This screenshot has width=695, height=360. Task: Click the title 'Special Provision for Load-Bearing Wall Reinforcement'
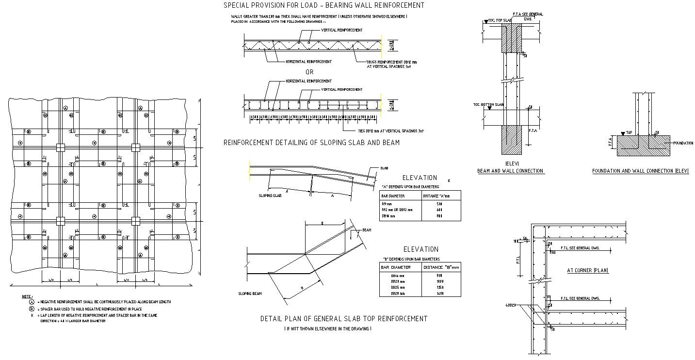coord(323,5)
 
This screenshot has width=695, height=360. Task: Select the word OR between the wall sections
coord(309,72)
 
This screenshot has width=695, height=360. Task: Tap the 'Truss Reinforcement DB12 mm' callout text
coord(392,62)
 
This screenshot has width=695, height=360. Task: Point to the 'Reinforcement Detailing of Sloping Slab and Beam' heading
coord(311,143)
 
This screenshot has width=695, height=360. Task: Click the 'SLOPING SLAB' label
coord(270,196)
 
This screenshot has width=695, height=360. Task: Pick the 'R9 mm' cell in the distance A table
coord(387,204)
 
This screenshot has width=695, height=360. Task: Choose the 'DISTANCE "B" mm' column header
coord(441,267)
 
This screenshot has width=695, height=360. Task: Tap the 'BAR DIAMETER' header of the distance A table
coord(393,196)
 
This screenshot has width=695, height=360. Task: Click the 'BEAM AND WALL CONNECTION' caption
coord(510,171)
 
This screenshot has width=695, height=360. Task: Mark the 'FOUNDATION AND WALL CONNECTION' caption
coord(640,171)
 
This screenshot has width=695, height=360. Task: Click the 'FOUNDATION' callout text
coord(683,143)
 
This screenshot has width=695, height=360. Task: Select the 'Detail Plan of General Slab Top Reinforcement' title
coord(344,319)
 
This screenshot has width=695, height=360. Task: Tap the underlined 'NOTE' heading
coord(27,296)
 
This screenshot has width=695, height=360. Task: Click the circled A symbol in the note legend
coord(32,302)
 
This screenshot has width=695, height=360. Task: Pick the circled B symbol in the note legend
coord(32,309)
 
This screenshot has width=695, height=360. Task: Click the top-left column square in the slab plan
coord(60,147)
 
